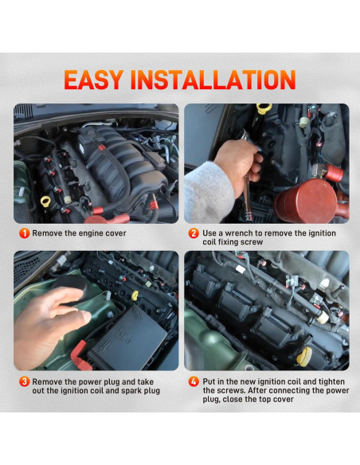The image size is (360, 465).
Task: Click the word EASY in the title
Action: [93, 80]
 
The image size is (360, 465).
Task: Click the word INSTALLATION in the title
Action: [213, 80]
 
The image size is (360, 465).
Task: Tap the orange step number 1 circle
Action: [24, 233]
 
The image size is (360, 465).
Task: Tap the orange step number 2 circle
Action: [194, 233]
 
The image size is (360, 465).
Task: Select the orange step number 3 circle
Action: [24, 381]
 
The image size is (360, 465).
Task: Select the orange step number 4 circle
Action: [194, 381]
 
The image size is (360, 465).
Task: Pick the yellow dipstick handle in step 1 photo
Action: [45, 201]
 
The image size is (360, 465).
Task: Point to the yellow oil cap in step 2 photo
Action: [264, 108]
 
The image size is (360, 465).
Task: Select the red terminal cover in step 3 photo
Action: [80, 356]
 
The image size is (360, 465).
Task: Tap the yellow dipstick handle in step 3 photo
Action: [135, 295]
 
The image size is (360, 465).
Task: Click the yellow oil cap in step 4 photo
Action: [304, 357]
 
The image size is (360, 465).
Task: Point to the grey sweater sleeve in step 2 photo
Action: [208, 193]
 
